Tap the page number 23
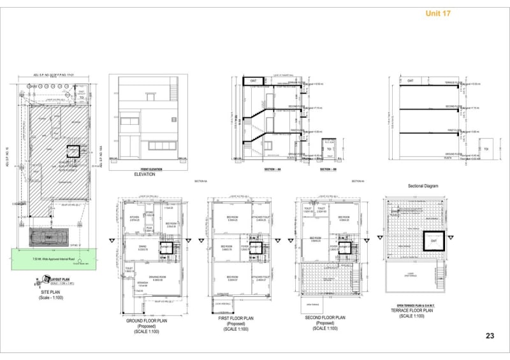tap(490, 336)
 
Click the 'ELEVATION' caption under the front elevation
tap(144, 174)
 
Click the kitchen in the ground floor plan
tap(135, 218)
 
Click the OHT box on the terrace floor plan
tap(433, 241)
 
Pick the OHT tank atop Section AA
tap(252, 81)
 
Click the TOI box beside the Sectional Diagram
tap(485, 148)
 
